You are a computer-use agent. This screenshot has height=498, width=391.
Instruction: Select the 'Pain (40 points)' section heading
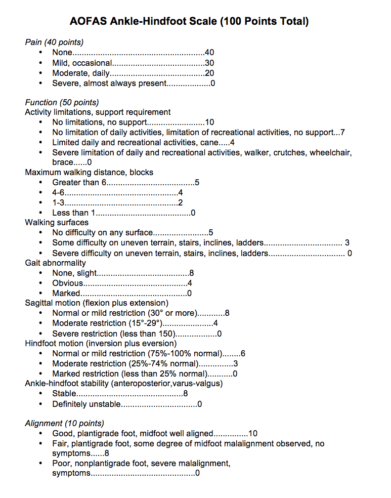(x=54, y=42)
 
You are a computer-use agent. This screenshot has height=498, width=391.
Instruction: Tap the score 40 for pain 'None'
(x=210, y=52)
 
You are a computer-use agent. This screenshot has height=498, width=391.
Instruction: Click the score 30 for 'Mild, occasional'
(x=210, y=63)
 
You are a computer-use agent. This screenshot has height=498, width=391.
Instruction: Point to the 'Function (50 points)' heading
(x=62, y=102)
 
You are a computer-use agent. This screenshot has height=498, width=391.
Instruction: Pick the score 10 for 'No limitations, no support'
(x=210, y=122)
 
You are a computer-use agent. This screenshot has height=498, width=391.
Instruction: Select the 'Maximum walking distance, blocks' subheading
(x=89, y=172)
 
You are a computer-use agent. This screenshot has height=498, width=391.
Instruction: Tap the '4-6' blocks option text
(x=58, y=193)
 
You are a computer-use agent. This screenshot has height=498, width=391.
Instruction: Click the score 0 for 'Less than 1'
(x=193, y=213)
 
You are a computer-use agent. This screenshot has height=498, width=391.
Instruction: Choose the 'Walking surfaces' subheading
(x=57, y=222)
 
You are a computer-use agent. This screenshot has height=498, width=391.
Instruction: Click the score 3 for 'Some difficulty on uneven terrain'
(x=347, y=243)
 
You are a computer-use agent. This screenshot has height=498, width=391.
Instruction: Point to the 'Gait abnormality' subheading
(x=56, y=263)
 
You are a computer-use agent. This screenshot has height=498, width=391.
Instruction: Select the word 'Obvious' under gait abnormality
(x=67, y=283)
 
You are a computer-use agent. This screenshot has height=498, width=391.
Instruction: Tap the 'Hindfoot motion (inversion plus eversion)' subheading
(x=101, y=343)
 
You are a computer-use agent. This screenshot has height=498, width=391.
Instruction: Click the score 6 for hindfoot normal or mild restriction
(x=243, y=353)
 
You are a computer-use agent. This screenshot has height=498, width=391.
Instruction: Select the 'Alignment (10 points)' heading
(x=64, y=423)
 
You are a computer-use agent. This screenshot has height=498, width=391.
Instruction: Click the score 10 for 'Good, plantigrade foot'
(x=253, y=433)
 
